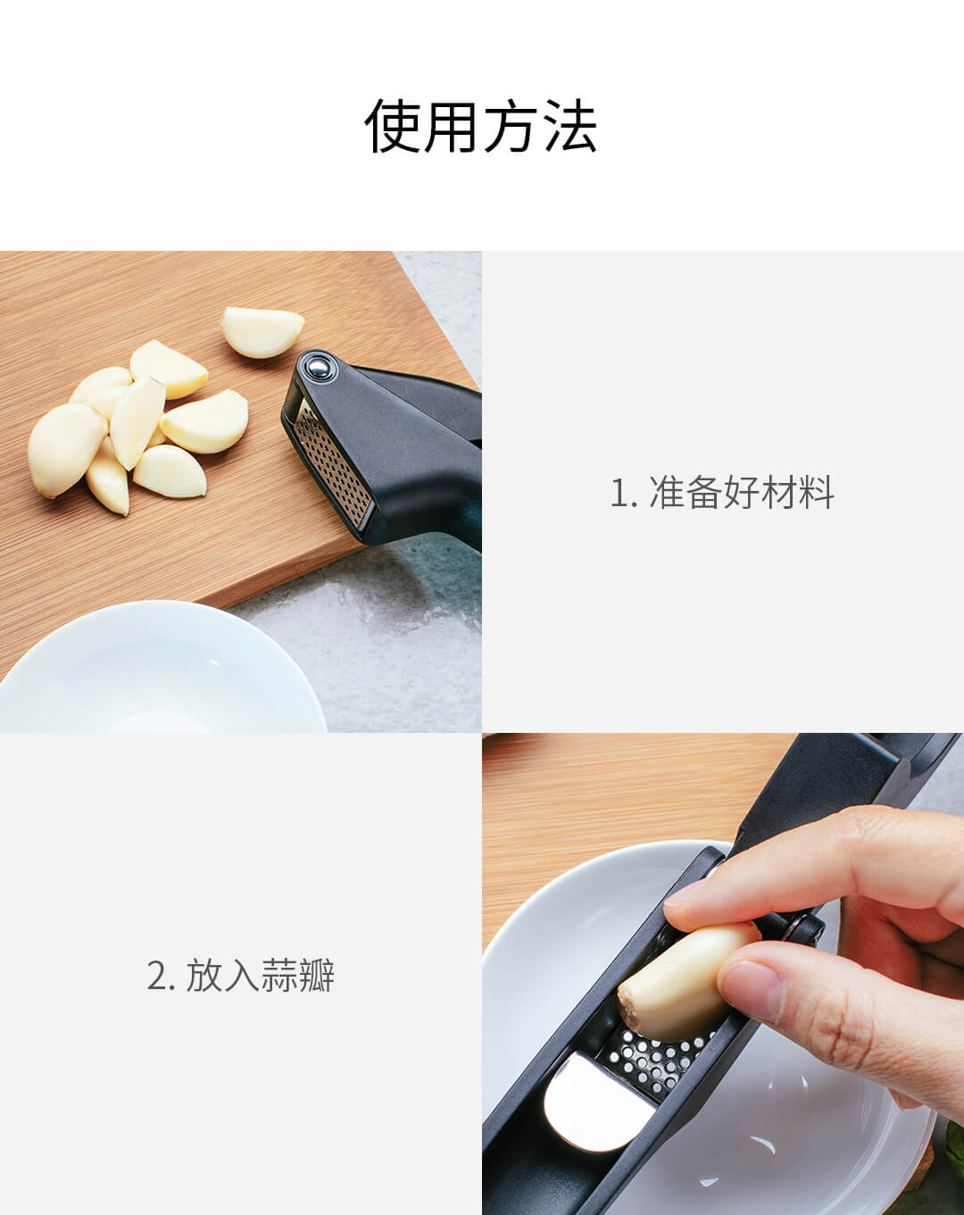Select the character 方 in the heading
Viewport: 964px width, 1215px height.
tap(511, 126)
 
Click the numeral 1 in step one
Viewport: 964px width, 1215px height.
tap(619, 493)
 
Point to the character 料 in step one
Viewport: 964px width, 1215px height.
tap(816, 492)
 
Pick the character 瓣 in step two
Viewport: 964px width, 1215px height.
tap(316, 975)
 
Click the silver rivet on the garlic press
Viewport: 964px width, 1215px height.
tap(319, 368)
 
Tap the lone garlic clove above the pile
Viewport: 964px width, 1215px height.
tap(262, 332)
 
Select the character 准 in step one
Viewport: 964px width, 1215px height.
tap(668, 492)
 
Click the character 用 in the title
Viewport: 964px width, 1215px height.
tap(452, 126)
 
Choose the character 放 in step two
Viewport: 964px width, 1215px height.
tap(204, 975)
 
